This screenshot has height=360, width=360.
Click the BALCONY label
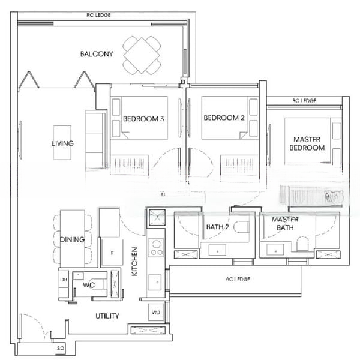[x=96, y=54]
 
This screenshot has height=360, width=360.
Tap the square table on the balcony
[x=142, y=55]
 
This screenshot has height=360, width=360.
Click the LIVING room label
[x=62, y=143]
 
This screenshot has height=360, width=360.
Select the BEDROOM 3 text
[x=143, y=118]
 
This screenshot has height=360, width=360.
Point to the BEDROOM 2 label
[x=223, y=118]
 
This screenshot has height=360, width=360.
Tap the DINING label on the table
[x=72, y=240]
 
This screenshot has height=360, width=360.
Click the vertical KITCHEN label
[x=135, y=262]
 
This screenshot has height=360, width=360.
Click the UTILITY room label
[x=107, y=316]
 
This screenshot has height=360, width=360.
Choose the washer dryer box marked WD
[x=156, y=313]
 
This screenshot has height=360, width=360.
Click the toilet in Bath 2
[x=241, y=227]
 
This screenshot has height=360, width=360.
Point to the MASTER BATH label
[x=285, y=223]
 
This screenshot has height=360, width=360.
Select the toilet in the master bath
[x=302, y=243]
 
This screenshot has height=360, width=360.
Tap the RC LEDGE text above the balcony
[x=99, y=15]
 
